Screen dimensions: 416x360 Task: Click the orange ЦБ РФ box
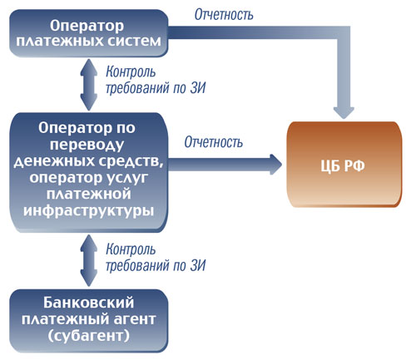coord(344,164)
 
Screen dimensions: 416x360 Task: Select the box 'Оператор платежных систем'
coord(89,33)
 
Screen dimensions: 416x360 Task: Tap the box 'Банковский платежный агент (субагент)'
coord(89,321)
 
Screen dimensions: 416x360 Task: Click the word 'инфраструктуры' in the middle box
coord(89,210)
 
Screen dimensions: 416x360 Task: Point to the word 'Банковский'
coord(89,303)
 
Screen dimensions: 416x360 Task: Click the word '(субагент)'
coord(89,336)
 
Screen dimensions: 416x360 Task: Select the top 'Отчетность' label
coord(224,14)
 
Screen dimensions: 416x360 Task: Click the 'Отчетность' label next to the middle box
coord(214,142)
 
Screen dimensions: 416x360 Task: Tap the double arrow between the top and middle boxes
coord(89,85)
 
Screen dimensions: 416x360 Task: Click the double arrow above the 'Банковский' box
coord(89,260)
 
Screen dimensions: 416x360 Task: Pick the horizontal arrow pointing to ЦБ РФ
coord(225,165)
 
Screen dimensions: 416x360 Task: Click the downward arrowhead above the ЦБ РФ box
coord(344,112)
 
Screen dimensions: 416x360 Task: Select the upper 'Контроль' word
coord(131,72)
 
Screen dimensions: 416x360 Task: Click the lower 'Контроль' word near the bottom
coord(131,249)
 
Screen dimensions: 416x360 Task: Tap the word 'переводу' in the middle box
coord(87,145)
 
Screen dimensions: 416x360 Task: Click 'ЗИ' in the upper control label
coord(198,88)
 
